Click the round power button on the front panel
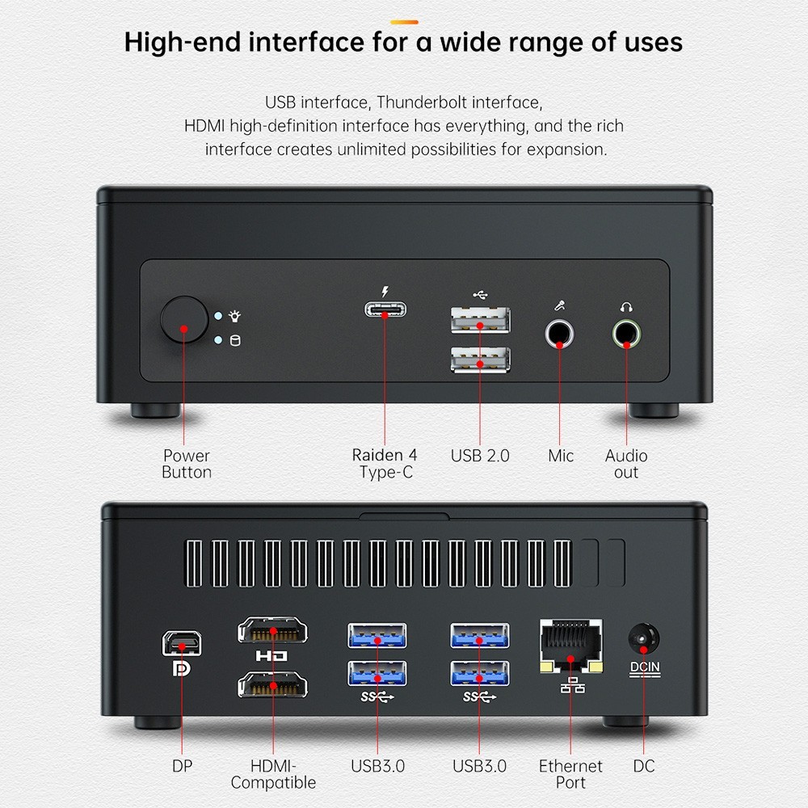tap(184, 319)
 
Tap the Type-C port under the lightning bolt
tap(385, 309)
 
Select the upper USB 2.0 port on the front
tap(480, 320)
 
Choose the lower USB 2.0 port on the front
tap(480, 360)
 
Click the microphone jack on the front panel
tap(559, 334)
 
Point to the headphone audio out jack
tap(626, 334)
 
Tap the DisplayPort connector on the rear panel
tap(181, 643)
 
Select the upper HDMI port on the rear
tap(272, 630)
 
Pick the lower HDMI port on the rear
tap(272, 685)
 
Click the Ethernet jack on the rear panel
tap(570, 646)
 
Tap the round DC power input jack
tap(644, 639)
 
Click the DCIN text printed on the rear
tap(645, 667)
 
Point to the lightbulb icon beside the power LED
tap(235, 316)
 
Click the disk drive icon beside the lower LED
tap(235, 341)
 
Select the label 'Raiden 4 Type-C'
tap(385, 463)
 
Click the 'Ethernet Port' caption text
tap(570, 774)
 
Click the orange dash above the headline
tap(404, 22)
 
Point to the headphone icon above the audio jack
tap(626, 307)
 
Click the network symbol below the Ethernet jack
tap(572, 685)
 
